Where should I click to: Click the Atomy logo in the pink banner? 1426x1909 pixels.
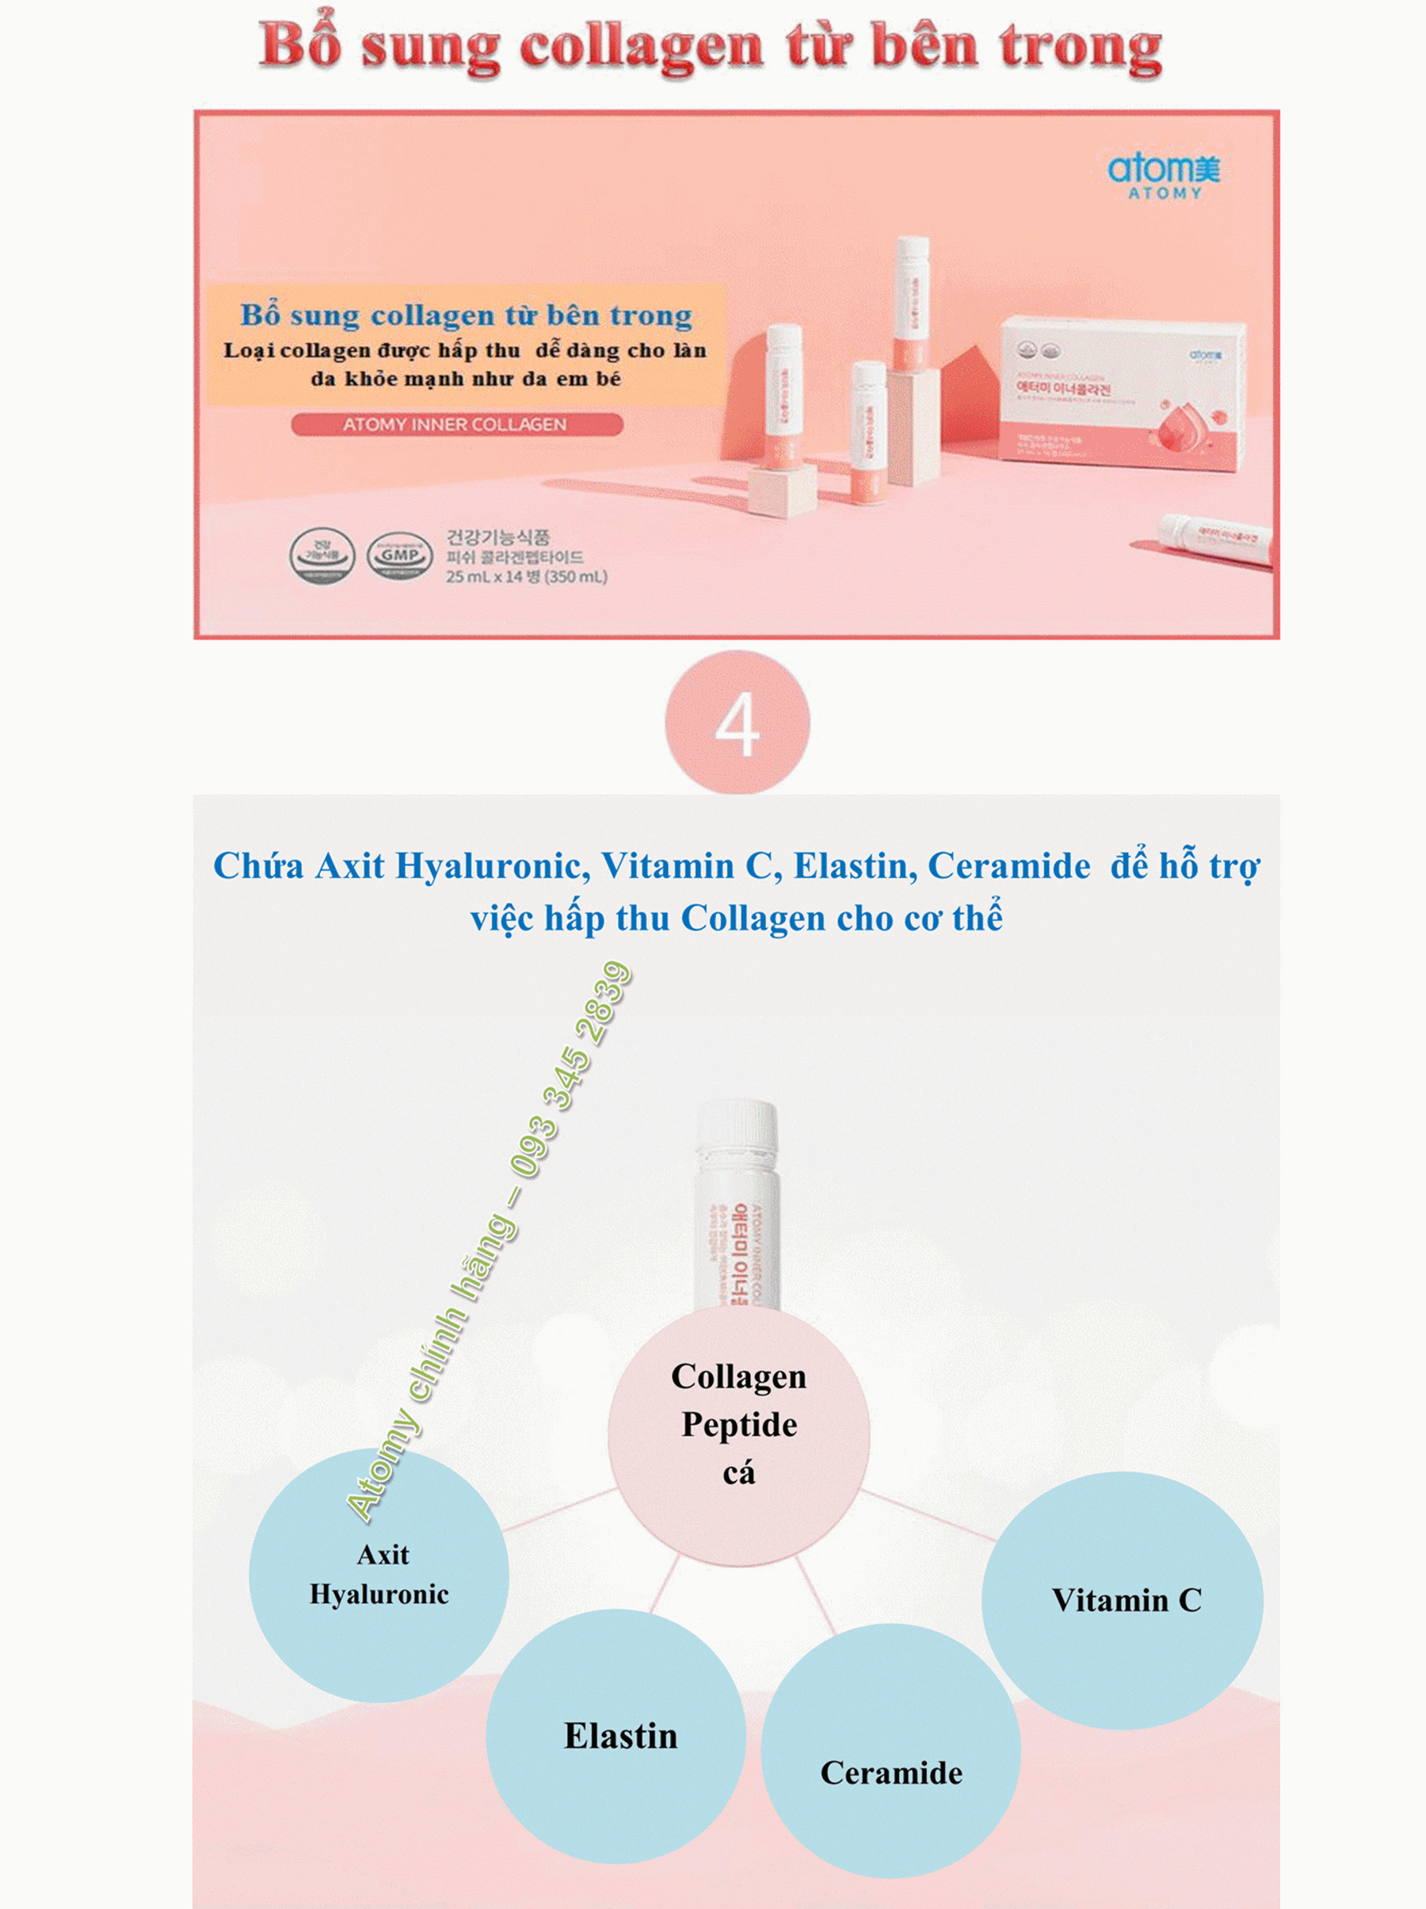1164,175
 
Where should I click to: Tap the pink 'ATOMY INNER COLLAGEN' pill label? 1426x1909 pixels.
456,425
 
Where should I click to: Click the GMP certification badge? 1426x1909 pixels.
398,555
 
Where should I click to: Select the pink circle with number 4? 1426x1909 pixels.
737,724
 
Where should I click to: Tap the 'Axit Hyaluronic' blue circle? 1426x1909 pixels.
379,1575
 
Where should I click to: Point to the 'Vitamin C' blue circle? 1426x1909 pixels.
1123,1600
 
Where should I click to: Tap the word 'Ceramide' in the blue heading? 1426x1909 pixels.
1008,865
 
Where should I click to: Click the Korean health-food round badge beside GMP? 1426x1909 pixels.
321,555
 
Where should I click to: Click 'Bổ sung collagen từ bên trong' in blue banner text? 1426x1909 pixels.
466,315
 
